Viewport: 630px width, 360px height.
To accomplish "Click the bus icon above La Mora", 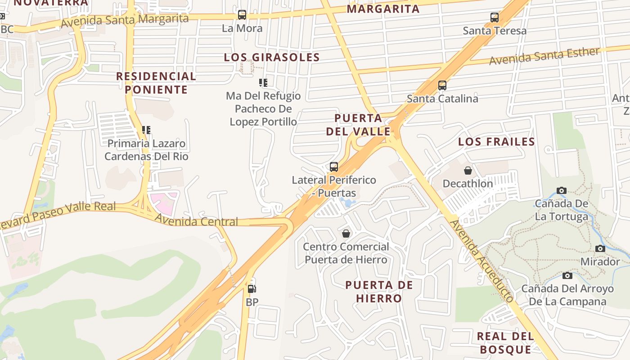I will point(242,15).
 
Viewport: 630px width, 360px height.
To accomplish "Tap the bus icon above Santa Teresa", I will point(495,18).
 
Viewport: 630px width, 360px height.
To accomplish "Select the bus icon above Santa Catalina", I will point(442,85).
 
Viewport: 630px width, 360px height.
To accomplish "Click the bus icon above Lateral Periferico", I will point(334,167).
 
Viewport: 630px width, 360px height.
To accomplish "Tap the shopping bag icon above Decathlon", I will point(468,171).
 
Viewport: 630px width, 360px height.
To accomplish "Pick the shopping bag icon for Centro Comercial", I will point(346,234).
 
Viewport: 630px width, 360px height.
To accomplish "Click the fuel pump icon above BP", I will point(252,289).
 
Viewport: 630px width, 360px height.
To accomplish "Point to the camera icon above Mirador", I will point(600,249).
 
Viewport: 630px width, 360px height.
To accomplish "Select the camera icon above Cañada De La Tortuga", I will point(561,190).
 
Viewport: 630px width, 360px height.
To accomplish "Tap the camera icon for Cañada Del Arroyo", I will point(567,275).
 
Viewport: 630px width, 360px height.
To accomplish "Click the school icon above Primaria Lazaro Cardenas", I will point(146,130).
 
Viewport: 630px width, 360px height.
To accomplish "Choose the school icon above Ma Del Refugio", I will point(263,82).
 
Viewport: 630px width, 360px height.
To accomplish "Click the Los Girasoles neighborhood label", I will point(272,58).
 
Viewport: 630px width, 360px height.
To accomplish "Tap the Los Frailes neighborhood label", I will point(496,142).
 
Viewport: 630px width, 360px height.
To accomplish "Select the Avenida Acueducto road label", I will point(482,260).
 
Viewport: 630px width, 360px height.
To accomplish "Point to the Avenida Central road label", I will point(196,221).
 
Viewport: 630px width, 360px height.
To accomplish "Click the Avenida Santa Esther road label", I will point(544,56).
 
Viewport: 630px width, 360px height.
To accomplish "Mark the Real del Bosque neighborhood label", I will point(505,342).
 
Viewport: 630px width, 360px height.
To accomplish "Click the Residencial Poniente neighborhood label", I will point(156,83).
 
